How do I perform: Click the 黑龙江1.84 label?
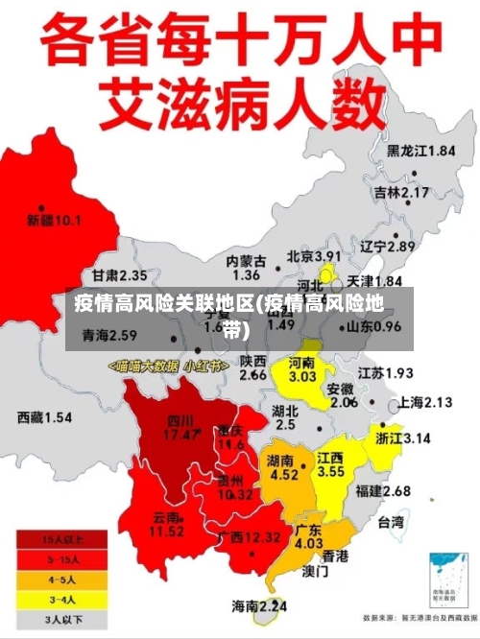point(420,151)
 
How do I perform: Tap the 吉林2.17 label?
point(401,193)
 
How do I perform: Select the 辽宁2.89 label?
point(387,247)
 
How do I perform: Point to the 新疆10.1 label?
point(54,220)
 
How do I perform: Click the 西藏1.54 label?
point(44,417)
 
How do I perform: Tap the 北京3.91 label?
point(314,257)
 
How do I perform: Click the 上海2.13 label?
point(424,402)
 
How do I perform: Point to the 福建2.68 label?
point(382,491)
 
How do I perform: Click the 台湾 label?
point(392,523)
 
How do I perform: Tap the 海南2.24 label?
point(259,605)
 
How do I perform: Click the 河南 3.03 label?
point(302,370)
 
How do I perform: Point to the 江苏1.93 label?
point(385,372)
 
